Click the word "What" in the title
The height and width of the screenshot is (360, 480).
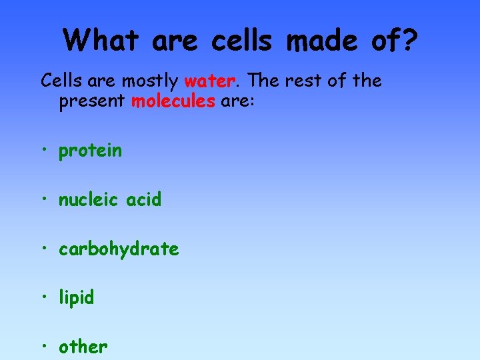[x=102, y=40]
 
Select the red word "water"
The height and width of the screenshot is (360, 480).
[x=209, y=81]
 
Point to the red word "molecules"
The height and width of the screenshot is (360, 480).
[x=173, y=102]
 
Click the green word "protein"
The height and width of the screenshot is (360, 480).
[x=90, y=151]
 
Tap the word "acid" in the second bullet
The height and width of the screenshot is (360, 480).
[x=142, y=199]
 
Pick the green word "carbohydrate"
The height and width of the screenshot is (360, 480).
[x=119, y=249]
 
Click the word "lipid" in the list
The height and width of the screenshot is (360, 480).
[x=76, y=297]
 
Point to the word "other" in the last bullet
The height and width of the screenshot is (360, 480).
[x=83, y=347]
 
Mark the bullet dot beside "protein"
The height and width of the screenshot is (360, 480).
[x=45, y=150]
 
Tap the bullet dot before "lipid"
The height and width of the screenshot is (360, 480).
[x=45, y=297]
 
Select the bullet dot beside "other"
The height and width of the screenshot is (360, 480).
[x=45, y=346]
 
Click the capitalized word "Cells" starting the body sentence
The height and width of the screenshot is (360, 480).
[x=59, y=81]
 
